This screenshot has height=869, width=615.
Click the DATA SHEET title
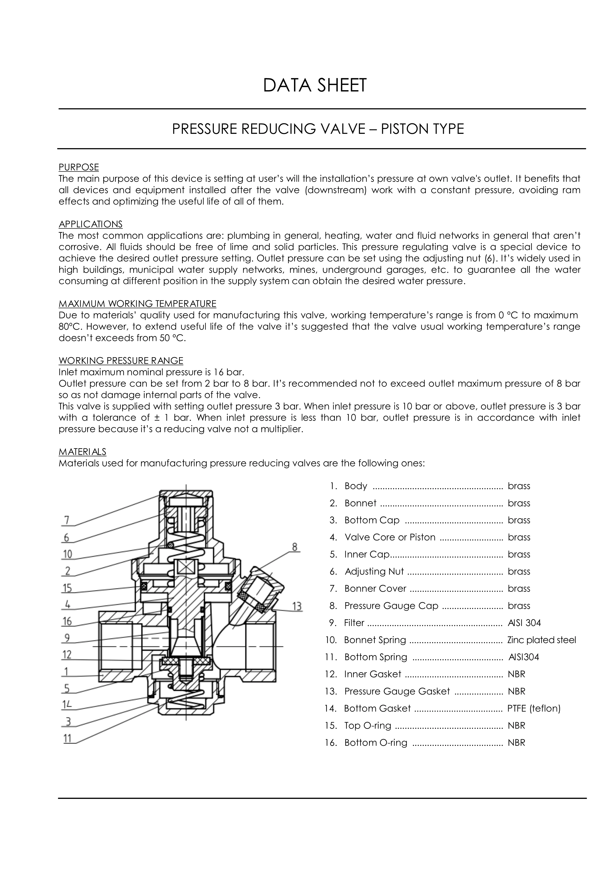coord(315,85)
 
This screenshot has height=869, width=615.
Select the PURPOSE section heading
coord(79,167)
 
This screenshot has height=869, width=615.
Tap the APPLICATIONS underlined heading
coord(90,224)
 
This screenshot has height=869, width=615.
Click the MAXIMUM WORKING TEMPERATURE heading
coord(137,304)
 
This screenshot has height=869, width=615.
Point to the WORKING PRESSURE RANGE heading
coord(121,360)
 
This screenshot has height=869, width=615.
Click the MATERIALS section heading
coord(82,452)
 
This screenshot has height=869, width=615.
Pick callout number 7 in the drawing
coord(67,520)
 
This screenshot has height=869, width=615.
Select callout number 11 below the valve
coord(67,738)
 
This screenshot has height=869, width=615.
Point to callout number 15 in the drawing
coord(67,588)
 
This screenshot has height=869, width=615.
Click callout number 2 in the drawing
coord(67,571)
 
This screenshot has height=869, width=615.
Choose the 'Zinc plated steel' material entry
coord(541,640)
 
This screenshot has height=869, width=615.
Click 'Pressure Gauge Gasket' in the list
coord(397,691)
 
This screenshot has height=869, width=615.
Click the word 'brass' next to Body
coord(519,486)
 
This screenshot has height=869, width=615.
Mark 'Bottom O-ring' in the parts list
coord(376,742)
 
